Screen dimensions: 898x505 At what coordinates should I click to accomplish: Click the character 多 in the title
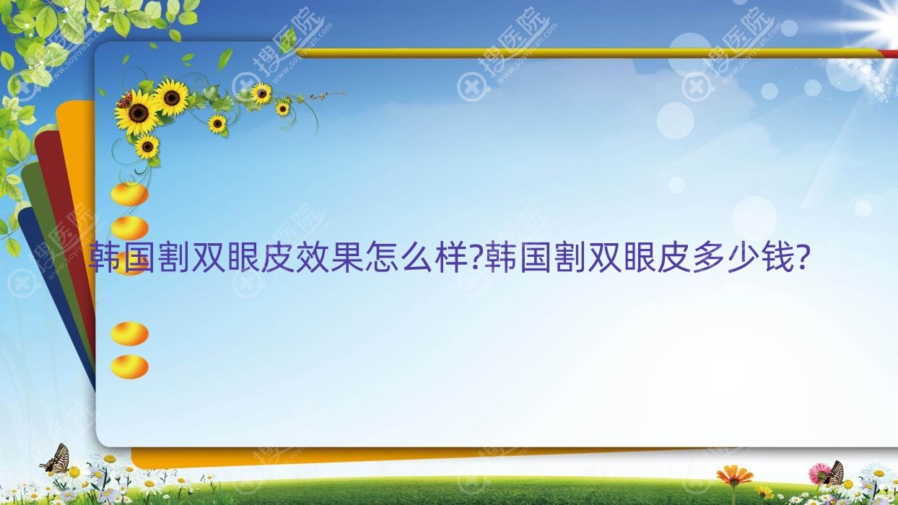coord(709,258)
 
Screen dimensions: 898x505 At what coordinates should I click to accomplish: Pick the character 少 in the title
coord(744,258)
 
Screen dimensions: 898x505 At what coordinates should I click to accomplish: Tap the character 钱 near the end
coord(777,258)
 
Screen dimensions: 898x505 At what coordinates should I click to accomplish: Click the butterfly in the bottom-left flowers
coord(56,460)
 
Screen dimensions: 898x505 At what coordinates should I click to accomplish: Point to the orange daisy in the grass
coord(734,475)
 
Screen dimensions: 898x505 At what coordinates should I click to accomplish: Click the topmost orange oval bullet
coord(129,194)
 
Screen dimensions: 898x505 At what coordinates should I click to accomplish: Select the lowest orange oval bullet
coord(129,366)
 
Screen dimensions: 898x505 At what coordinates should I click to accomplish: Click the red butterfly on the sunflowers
coord(125,100)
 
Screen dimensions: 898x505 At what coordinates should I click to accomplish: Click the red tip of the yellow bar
coord(890,53)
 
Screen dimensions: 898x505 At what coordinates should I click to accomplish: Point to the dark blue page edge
coord(48,281)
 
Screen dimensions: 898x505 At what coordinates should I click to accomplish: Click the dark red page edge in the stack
coord(60,201)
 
